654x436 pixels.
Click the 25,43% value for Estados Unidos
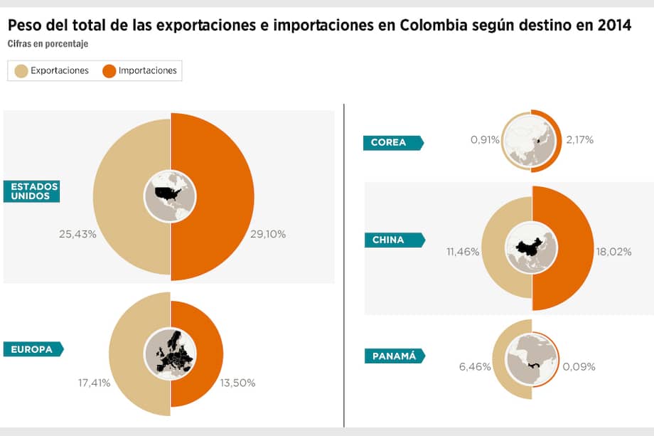pos(77,233)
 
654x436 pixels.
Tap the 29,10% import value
pos(268,233)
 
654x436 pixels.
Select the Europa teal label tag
pos(33,349)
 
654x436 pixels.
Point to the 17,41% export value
pos(94,383)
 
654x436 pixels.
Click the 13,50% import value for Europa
pos(238,383)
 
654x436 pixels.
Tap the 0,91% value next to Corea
pos(484,140)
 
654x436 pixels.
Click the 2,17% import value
pos(579,140)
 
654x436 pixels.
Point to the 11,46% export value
pos(463,251)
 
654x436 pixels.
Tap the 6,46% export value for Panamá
pos(474,367)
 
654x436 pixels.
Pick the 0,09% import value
pos(579,367)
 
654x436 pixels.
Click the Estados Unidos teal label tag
pos(30,191)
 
